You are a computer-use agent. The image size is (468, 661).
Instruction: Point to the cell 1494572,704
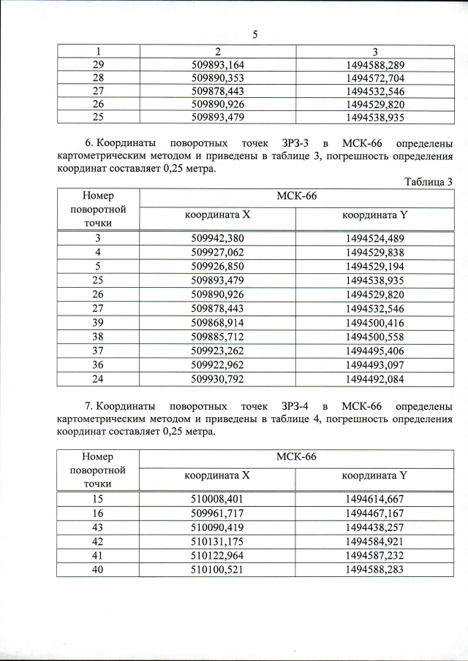pos(374,78)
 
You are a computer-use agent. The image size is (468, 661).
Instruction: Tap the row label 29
pos(97,65)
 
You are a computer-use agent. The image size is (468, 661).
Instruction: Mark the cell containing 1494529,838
pos(374,253)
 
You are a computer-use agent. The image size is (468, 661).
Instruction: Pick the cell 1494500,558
pos(374,337)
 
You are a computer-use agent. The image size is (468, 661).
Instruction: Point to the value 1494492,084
pos(374,378)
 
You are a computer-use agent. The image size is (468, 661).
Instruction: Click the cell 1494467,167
pos(374,513)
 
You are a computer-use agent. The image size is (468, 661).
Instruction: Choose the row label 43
pos(97,527)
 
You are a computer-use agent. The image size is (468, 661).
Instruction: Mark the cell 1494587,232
pos(374,555)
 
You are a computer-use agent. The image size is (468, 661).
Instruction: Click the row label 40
pos(97,569)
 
